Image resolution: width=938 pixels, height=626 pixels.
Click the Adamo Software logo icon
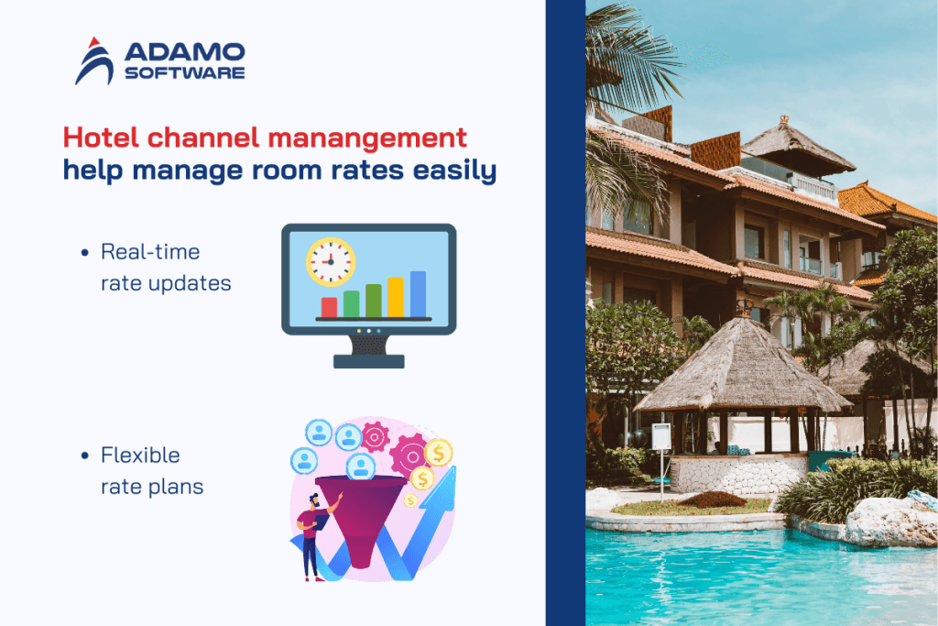click(x=95, y=60)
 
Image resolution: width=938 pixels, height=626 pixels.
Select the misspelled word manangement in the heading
click(x=376, y=138)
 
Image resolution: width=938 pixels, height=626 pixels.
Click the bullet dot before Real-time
click(x=85, y=252)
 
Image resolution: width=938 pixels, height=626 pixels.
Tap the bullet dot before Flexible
click(x=85, y=456)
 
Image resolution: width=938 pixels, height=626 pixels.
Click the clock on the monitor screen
click(x=330, y=261)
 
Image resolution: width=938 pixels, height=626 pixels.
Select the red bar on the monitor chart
click(x=329, y=306)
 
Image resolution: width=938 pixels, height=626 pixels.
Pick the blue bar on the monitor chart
click(x=418, y=293)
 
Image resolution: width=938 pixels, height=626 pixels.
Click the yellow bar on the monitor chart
click(x=396, y=297)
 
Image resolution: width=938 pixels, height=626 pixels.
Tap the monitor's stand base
click(x=369, y=360)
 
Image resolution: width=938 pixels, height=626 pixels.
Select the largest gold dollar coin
click(x=439, y=451)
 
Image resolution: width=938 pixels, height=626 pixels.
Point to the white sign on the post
click(x=660, y=436)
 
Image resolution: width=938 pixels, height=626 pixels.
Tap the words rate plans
click(x=152, y=487)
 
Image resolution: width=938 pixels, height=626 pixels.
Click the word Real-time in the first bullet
click(x=150, y=251)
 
